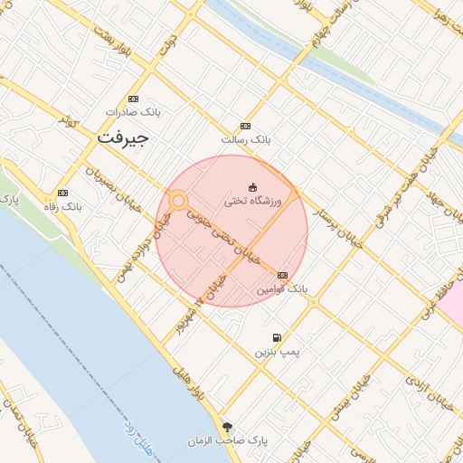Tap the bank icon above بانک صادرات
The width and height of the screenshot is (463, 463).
[x=134, y=99]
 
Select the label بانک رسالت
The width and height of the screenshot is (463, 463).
[x=246, y=140]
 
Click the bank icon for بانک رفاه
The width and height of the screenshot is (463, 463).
[x=62, y=193]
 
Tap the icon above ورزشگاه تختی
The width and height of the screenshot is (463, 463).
[x=252, y=187]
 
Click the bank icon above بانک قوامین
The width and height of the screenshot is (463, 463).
[x=283, y=275]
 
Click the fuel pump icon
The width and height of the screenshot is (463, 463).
[x=277, y=336]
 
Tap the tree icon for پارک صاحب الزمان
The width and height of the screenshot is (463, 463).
[x=226, y=427]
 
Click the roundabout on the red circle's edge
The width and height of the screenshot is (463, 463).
[x=178, y=200]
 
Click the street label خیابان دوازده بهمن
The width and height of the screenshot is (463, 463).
[x=134, y=251]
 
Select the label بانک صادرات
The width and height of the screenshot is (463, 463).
[x=132, y=113]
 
